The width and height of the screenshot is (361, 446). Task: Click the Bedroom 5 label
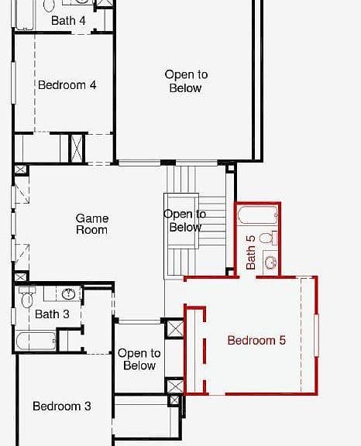pos(256,341)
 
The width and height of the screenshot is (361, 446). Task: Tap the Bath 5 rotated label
pos(251,252)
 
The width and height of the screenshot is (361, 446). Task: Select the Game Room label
pos(92,224)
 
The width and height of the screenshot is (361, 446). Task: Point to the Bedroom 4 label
pos(67,85)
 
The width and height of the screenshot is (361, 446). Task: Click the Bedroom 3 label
pos(62,407)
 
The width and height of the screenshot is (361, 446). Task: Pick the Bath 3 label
pos(52,314)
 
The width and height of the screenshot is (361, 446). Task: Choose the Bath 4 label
pos(68,20)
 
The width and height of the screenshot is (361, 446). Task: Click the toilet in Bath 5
pos(269,238)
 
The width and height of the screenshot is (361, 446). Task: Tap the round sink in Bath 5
pos(270,262)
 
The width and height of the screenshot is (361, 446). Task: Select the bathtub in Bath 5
pos(258,214)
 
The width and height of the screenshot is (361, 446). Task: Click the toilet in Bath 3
pos(27,297)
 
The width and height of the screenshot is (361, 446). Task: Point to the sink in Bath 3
pos(68,293)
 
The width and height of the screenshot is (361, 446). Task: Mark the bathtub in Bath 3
pos(36,341)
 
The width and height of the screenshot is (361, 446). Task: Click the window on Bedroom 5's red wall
pos(316,335)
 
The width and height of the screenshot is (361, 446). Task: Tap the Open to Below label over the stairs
pos(185,221)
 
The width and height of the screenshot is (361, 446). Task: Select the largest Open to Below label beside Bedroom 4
pos(186,81)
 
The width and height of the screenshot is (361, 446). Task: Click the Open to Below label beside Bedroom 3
pos(139,359)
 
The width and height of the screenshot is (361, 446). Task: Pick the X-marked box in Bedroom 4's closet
pos(77,149)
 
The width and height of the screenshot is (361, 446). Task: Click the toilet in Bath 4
pos(49,5)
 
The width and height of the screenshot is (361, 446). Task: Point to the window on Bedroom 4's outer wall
pos(13,83)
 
